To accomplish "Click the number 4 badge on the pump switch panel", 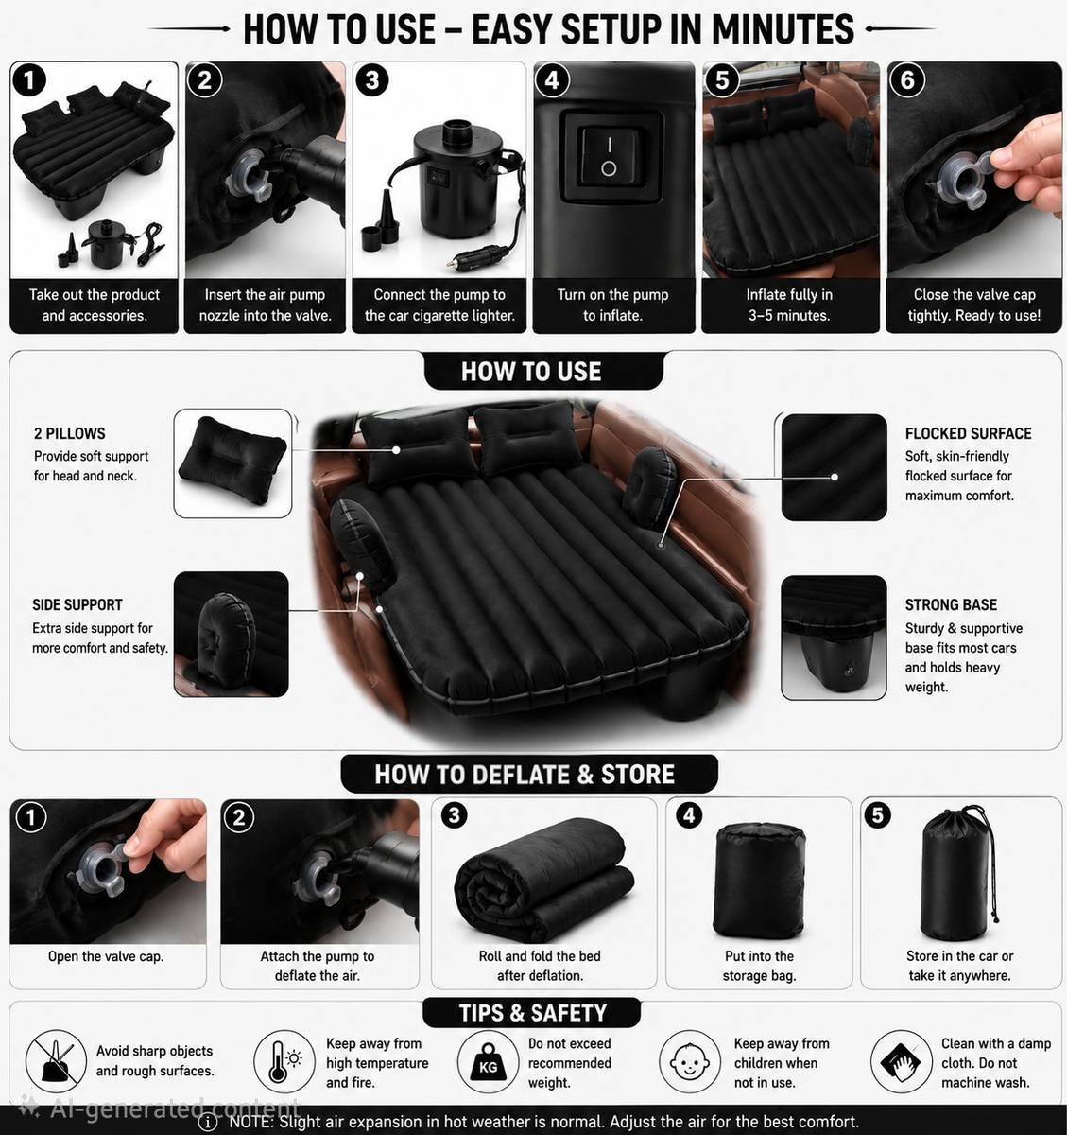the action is pyautogui.click(x=552, y=80).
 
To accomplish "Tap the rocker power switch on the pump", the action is pyautogui.click(x=609, y=154).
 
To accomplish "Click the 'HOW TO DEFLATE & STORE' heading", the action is pyautogui.click(x=525, y=775).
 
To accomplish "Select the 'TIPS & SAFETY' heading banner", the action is pyautogui.click(x=532, y=1013).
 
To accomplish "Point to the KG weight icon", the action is pyautogui.click(x=488, y=1061).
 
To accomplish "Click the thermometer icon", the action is pyautogui.click(x=284, y=1061).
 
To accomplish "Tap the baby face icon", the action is pyautogui.click(x=689, y=1061).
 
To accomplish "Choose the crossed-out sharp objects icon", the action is pyautogui.click(x=56, y=1061).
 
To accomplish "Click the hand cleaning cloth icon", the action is pyautogui.click(x=901, y=1061).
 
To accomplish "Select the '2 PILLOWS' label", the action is pyautogui.click(x=70, y=433).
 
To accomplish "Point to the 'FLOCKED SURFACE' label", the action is pyautogui.click(x=968, y=433).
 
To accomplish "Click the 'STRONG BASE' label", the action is pyautogui.click(x=951, y=604).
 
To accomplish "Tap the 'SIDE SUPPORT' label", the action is pyautogui.click(x=77, y=604).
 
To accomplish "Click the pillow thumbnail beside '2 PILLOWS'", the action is pyautogui.click(x=232, y=463).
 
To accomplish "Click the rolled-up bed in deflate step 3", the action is pyautogui.click(x=543, y=881).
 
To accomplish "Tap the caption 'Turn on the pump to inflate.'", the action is pyautogui.click(x=613, y=305).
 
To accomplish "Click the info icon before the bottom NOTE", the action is pyautogui.click(x=207, y=1121).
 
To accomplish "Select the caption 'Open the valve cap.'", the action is pyautogui.click(x=106, y=956).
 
